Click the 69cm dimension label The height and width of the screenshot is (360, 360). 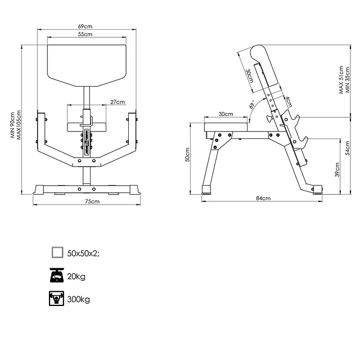tap(85, 26)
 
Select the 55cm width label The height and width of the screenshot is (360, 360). tap(85, 35)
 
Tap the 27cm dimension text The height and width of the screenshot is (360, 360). tap(118, 102)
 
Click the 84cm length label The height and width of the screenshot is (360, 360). tap(263, 198)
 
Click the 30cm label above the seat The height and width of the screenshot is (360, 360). tap(226, 114)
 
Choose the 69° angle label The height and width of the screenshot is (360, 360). tap(252, 105)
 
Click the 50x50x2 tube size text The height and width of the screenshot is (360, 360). tap(83, 253)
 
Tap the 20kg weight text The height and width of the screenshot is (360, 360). tap(76, 276)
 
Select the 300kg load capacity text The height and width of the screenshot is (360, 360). tap(79, 299)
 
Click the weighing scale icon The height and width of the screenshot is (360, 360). tap(57, 276)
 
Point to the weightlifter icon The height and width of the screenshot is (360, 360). tap(57, 299)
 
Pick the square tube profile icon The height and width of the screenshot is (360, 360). tap(57, 253)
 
